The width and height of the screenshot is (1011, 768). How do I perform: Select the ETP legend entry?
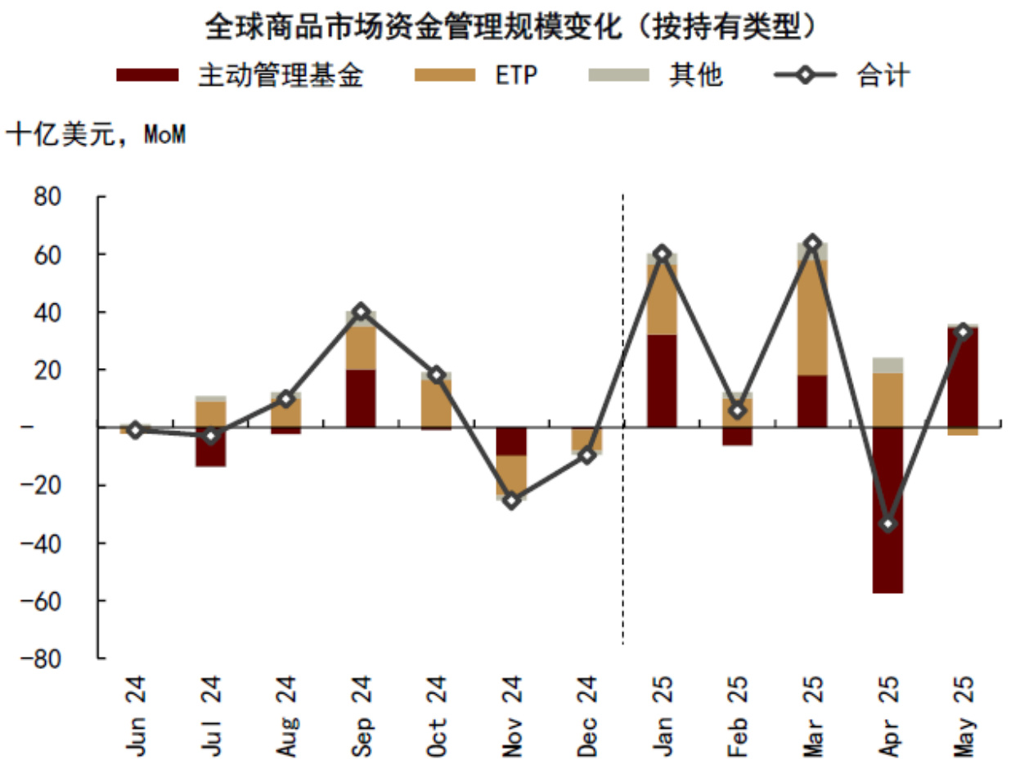click(x=515, y=75)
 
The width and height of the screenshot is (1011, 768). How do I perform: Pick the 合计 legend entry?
click(x=883, y=75)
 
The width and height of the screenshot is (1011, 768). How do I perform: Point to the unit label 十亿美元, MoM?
click(x=97, y=134)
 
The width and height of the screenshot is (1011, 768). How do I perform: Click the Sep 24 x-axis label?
click(x=361, y=703)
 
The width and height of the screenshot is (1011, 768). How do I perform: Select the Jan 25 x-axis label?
click(x=662, y=703)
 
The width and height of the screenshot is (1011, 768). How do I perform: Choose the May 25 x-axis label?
click(x=963, y=703)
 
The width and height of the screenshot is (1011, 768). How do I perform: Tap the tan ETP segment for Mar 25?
click(x=812, y=317)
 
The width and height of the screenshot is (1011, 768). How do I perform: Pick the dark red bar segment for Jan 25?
click(x=662, y=381)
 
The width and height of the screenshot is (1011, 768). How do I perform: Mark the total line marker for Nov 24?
click(x=511, y=501)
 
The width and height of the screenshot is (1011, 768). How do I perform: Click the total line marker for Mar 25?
click(x=812, y=243)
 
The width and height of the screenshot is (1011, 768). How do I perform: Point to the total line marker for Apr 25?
click(x=887, y=523)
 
